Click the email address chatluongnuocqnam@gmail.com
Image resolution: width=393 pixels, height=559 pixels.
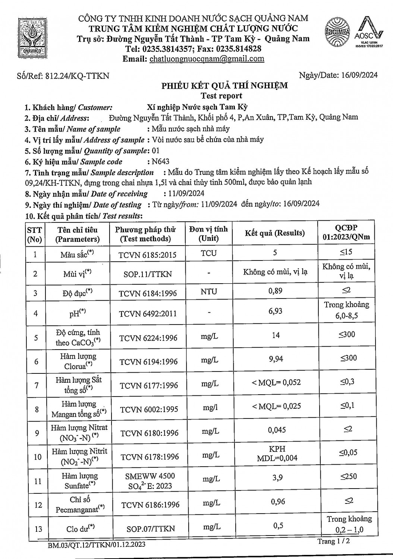[x=207, y=59]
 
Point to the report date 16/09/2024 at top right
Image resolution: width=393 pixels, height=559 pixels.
[x=359, y=75]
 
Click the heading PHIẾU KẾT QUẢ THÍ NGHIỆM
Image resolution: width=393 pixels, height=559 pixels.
[x=224, y=86]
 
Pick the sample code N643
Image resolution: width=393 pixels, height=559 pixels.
[x=160, y=161]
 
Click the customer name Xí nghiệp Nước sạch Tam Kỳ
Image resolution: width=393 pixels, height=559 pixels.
[x=198, y=107]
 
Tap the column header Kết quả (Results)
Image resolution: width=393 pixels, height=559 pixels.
[x=275, y=233]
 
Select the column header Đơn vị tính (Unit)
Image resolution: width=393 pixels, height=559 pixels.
[x=208, y=233]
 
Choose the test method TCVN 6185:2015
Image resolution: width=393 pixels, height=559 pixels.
[x=147, y=255]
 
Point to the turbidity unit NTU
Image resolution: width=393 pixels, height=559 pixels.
[x=208, y=291]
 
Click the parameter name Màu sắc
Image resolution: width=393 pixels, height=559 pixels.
[x=76, y=255]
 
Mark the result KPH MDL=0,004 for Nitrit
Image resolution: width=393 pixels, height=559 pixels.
[x=277, y=454]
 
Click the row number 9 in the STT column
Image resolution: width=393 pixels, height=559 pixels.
[x=37, y=433]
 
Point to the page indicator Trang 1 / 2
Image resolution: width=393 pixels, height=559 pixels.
[x=334, y=541]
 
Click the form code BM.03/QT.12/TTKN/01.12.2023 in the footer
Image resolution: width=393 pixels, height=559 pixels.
[x=97, y=545]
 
